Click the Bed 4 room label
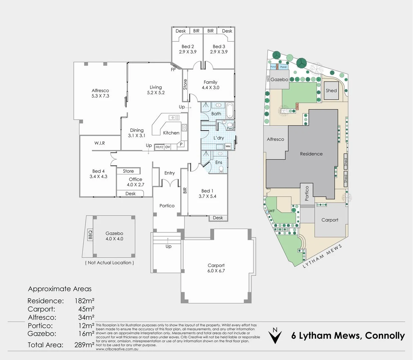[x=98, y=171]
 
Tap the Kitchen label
[x=171, y=133]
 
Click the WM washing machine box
[x=228, y=146]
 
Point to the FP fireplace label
[x=173, y=70]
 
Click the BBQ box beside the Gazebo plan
[x=90, y=235]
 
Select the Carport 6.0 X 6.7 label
[x=216, y=268]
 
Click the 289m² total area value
[x=84, y=345]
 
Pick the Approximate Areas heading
[x=60, y=289]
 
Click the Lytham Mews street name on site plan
[x=322, y=256]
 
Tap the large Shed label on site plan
[x=331, y=90]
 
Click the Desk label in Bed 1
[x=218, y=218]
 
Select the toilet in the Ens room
[x=221, y=169]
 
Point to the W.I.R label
[x=99, y=143]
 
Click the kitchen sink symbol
[x=173, y=117]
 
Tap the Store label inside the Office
[x=128, y=171]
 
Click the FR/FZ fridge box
[x=159, y=147]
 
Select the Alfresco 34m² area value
[x=86, y=317]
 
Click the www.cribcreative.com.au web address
[x=117, y=349]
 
